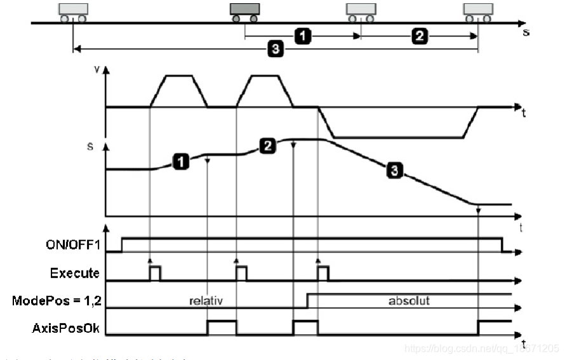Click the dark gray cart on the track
tap(244, 11)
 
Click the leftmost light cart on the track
tap(73, 11)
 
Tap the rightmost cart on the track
tap(478, 11)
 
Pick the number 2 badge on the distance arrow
tap(420, 36)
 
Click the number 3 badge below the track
tap(274, 49)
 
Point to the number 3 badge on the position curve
tap(394, 170)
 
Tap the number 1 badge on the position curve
tap(181, 162)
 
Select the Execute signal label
tap(74, 274)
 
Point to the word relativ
tap(205, 300)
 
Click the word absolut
tap(409, 300)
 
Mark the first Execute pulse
tap(155, 273)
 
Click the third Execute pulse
tap(323, 273)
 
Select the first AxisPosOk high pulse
tap(222, 327)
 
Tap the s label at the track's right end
tap(526, 31)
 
